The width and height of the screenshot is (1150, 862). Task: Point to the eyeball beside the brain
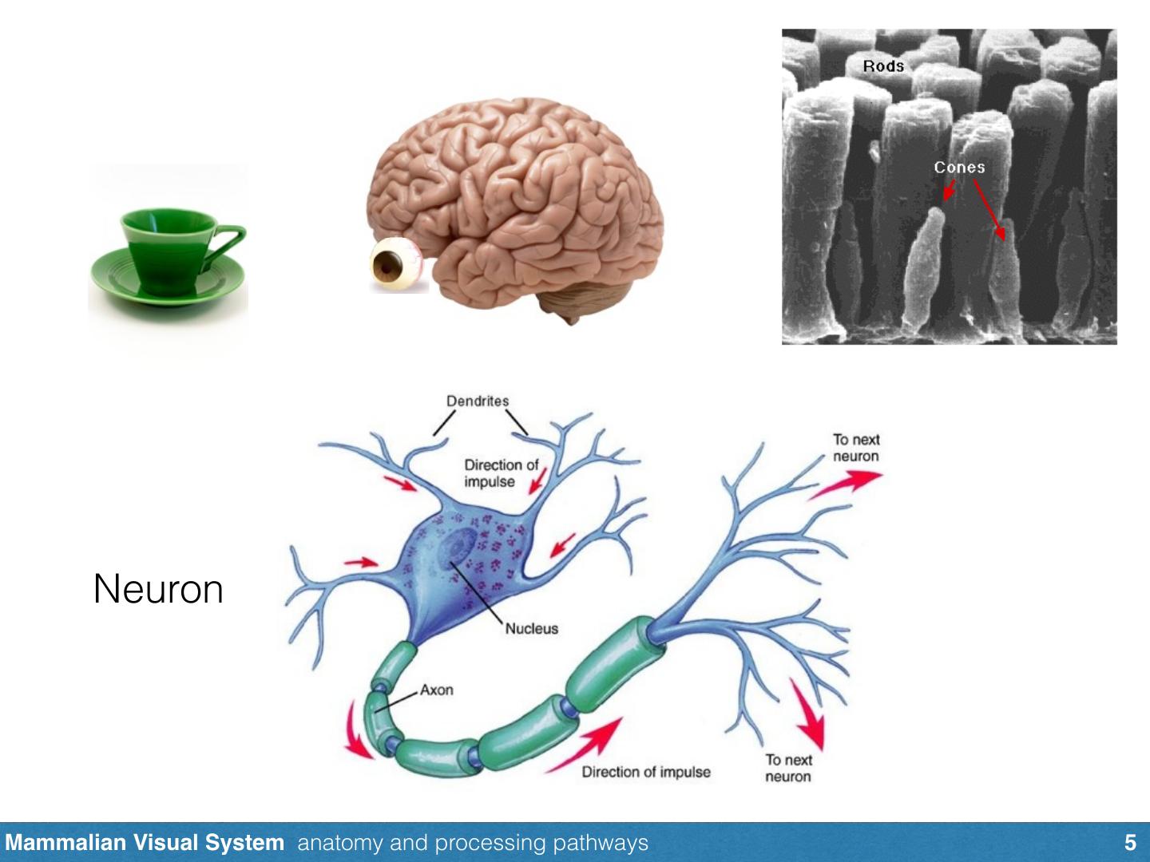pyautogui.click(x=391, y=267)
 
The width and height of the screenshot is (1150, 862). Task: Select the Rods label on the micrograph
pyautogui.click(x=883, y=66)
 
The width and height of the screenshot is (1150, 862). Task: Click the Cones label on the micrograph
pyautogui.click(x=959, y=167)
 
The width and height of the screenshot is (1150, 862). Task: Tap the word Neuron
pyautogui.click(x=158, y=589)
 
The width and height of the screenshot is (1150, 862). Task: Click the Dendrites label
pyautogui.click(x=478, y=401)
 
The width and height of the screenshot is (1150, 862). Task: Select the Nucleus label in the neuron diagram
pyautogui.click(x=532, y=628)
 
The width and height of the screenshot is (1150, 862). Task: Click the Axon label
pyautogui.click(x=437, y=689)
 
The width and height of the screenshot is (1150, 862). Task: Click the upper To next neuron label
pyautogui.click(x=855, y=448)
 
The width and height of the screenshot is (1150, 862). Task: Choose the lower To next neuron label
pyautogui.click(x=788, y=768)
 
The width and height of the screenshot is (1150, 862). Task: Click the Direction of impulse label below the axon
pyautogui.click(x=645, y=772)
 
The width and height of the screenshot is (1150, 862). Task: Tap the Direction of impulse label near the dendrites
pyautogui.click(x=501, y=473)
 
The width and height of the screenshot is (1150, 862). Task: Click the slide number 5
pyautogui.click(x=1129, y=843)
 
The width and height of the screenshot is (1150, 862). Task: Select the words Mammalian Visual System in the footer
pyautogui.click(x=145, y=843)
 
